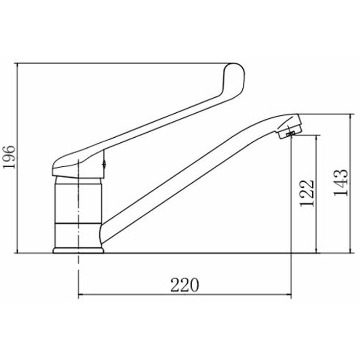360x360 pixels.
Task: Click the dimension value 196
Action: tap(9, 157)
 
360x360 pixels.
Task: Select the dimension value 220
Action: tap(185, 285)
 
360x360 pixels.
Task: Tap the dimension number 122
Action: tap(307, 193)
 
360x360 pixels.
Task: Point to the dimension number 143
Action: tap(341, 183)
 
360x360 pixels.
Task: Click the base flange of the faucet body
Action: tap(78, 250)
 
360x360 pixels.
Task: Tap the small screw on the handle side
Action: tap(104, 164)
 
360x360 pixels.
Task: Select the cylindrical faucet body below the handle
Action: tap(78, 212)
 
